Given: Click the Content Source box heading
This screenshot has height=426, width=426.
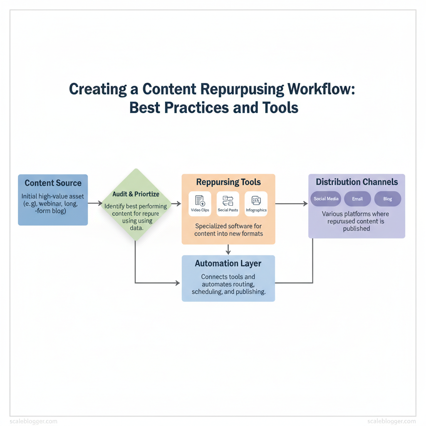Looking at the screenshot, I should pos(53,183).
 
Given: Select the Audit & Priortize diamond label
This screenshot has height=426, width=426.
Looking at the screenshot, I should pos(136,194).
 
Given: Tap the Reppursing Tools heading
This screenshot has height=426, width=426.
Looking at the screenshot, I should pos(228,182).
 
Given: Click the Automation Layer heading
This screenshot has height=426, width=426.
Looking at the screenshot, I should pos(228,263).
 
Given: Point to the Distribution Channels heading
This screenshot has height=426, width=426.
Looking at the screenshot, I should pos(357,182).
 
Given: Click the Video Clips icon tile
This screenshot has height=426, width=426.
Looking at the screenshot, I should pos(200,204).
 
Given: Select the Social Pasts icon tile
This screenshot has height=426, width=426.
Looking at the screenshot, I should pos(228,204).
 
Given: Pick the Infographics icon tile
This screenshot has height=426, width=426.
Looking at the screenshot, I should pos(256,204).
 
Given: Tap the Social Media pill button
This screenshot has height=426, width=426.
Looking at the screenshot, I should pos(326,199).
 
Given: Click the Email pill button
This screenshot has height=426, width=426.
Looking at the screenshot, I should pos(357,199).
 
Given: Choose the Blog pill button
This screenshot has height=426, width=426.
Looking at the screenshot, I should pos(388,199).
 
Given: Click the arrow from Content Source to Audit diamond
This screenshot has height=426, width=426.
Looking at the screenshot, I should pos(95,203).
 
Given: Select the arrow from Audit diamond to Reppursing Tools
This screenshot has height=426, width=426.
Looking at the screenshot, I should pos(176,203).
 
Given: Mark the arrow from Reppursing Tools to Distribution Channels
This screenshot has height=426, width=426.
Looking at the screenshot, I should pos(291,203).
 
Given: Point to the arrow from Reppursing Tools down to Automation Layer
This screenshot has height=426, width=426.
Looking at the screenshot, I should pos(228,249).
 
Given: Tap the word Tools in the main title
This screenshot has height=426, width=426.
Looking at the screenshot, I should pos(280,108).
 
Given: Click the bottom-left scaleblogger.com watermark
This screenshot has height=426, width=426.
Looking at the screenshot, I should pos(33,421).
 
